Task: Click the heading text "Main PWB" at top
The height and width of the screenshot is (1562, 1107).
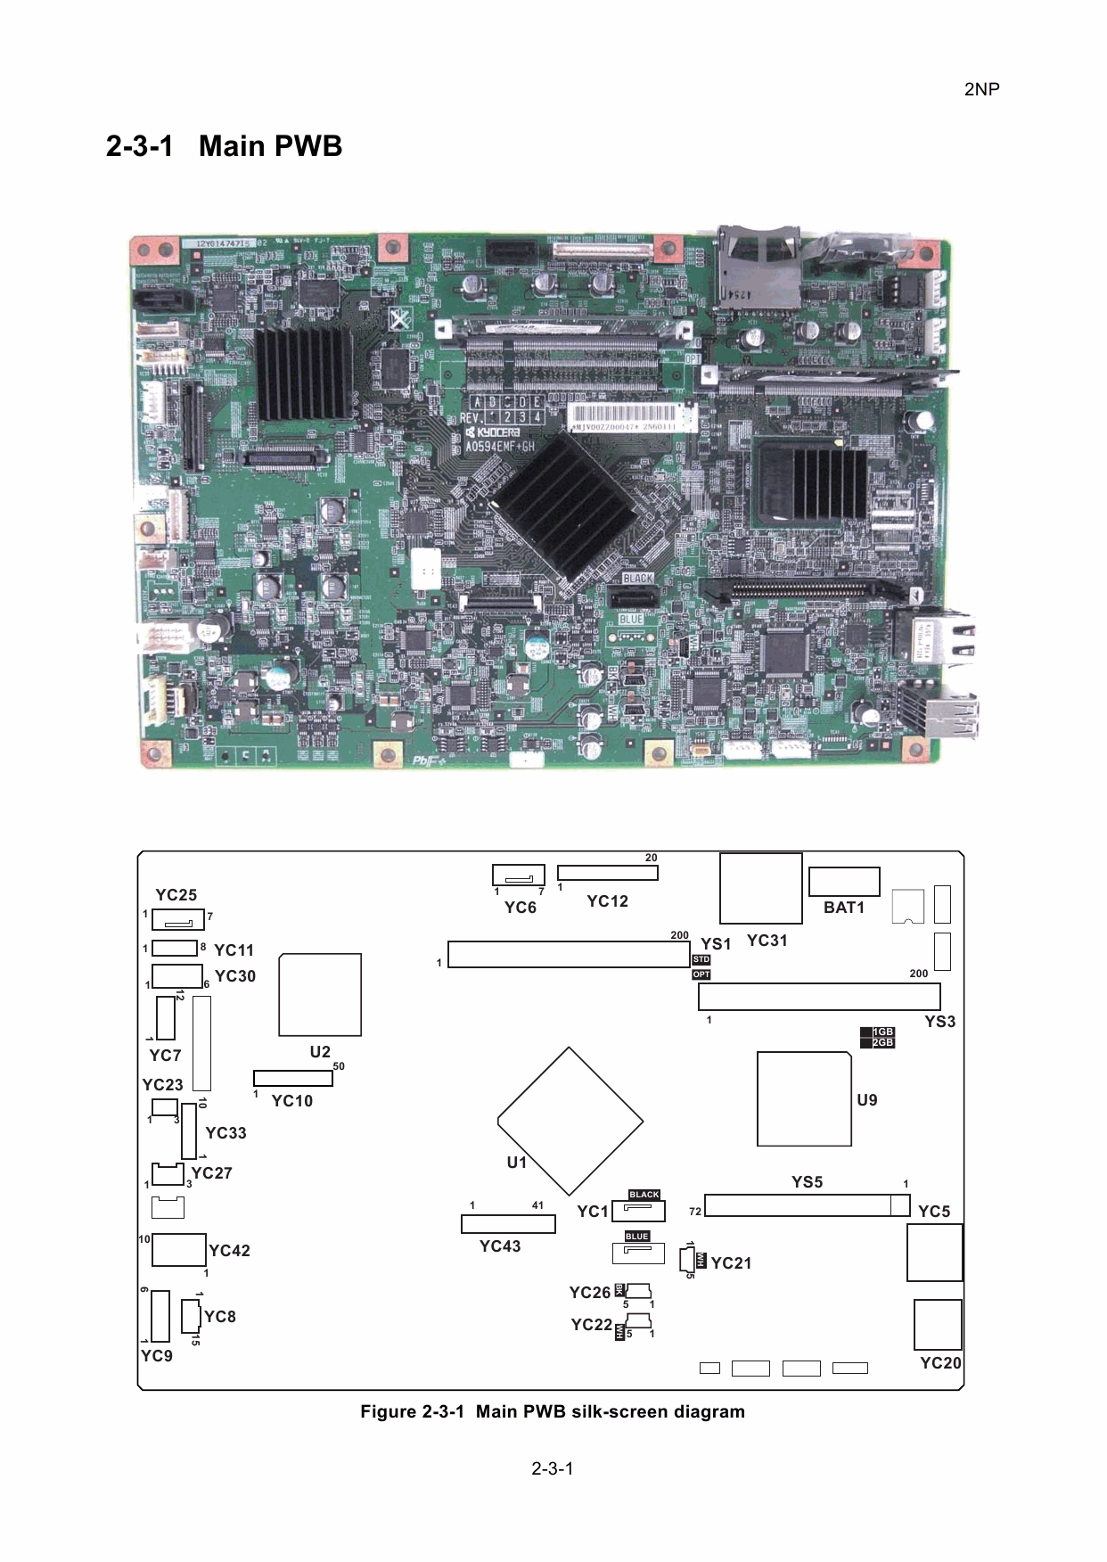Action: [270, 145]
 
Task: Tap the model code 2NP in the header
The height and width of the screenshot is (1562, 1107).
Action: [981, 89]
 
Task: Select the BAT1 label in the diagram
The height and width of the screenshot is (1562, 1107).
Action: [843, 908]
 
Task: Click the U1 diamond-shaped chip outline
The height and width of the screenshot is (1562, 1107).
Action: [570, 1121]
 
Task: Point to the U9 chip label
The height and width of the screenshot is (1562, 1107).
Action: [866, 1100]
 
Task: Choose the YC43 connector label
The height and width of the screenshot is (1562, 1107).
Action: [499, 1245]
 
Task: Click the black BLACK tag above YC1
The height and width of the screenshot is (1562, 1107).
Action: [644, 1195]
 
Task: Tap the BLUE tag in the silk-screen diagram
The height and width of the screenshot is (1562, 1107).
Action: [636, 1237]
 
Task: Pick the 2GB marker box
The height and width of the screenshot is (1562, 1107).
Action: [881, 1043]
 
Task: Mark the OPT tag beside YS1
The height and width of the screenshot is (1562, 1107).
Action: [701, 974]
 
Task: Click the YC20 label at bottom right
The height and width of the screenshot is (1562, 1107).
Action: [940, 1362]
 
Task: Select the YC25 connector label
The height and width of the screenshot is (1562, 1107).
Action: [176, 895]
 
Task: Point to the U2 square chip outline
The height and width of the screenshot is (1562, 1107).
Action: [320, 994]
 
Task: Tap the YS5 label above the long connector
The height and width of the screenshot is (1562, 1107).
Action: [807, 1182]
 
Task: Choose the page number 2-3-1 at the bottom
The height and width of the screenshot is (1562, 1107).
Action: [553, 1468]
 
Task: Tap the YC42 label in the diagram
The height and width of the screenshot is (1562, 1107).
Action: [229, 1251]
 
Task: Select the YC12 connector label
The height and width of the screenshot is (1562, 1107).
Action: [607, 901]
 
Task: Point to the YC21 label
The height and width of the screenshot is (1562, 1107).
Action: [731, 1262]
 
